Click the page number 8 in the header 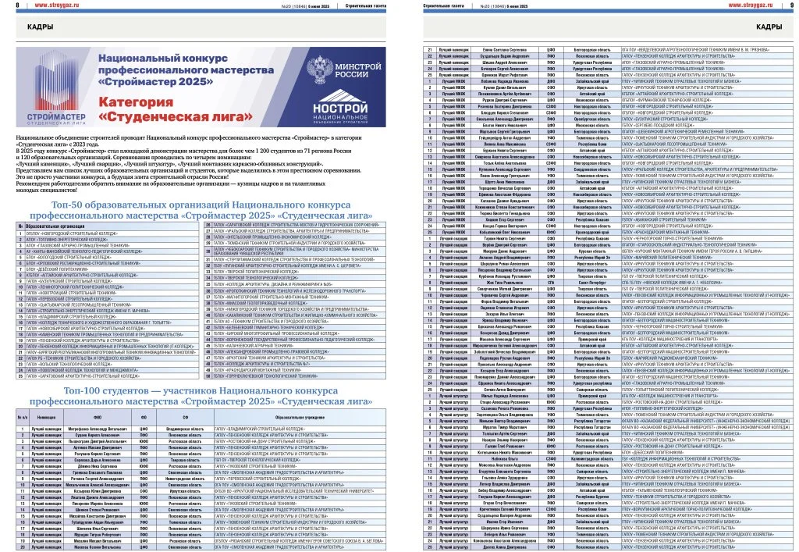7,6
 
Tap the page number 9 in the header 791,6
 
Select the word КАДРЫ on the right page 769,27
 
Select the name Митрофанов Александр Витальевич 86,429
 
